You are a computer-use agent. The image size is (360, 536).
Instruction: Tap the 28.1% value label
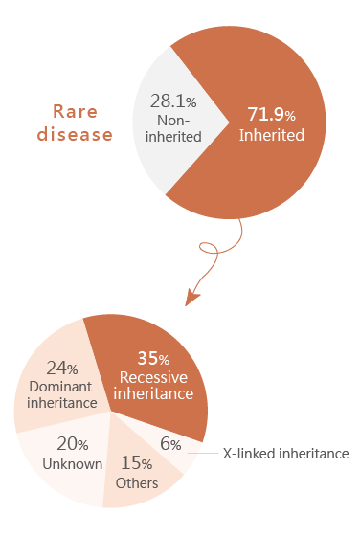click(173, 100)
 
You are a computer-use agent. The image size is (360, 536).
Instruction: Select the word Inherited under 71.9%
click(271, 135)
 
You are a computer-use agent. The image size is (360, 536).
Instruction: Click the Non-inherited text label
click(173, 128)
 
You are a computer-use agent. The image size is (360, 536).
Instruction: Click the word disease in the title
click(75, 134)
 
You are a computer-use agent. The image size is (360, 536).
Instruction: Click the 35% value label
click(154, 359)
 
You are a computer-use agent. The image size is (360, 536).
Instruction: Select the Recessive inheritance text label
click(155, 384)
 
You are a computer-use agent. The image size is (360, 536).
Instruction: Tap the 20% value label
click(72, 444)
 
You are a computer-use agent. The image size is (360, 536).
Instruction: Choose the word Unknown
click(72, 464)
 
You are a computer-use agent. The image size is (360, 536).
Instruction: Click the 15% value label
click(136, 463)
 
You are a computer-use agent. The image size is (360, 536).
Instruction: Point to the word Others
click(136, 483)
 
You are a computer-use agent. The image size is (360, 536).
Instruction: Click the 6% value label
click(170, 444)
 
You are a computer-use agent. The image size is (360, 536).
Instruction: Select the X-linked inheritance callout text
click(285, 453)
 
